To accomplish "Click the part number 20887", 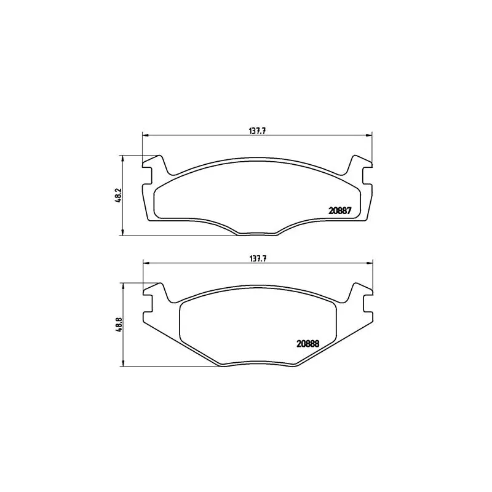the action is pos(340,211).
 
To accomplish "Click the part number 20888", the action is pos(308,344).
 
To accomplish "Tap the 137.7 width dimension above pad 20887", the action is pos(258,131).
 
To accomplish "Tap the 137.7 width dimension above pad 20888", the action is pos(258,258).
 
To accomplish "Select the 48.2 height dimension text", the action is pos(118,196).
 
